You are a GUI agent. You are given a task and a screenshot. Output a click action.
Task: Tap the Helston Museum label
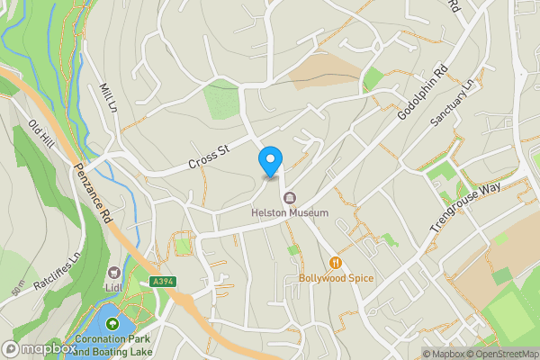pyautogui.click(x=290, y=213)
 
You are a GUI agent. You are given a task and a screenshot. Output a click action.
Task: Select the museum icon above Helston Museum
pyautogui.click(x=290, y=198)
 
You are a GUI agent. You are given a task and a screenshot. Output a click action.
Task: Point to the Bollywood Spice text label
pyautogui.click(x=336, y=279)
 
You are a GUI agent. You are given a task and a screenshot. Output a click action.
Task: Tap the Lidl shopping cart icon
pyautogui.click(x=114, y=273)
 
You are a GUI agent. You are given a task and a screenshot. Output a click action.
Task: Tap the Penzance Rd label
pyautogui.click(x=93, y=193)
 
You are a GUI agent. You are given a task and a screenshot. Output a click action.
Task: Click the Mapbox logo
pyautogui.click(x=39, y=348)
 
